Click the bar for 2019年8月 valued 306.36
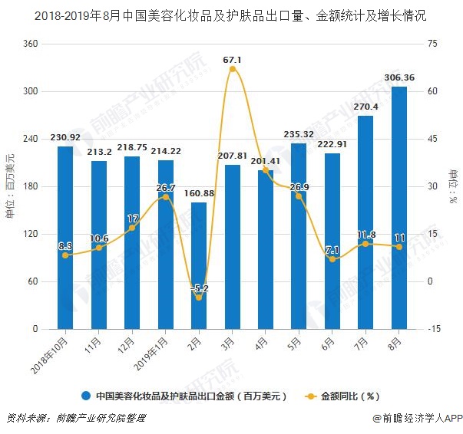point(399,207)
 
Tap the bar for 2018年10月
point(64,238)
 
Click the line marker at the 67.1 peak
point(232,69)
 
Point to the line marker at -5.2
point(198,298)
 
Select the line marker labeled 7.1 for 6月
point(332,259)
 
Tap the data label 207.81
point(232,156)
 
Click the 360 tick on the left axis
point(30,44)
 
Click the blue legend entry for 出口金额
point(184,396)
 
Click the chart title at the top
point(231,15)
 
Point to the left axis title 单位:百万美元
point(10,186)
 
